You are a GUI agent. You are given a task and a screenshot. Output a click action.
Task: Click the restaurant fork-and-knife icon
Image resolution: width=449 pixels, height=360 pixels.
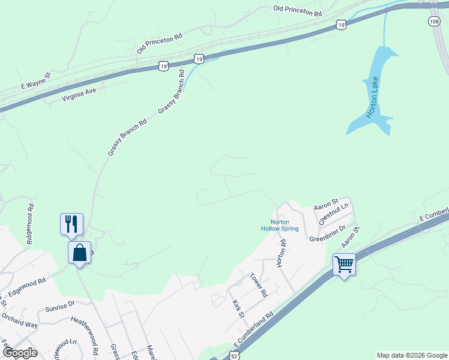(x=71, y=223)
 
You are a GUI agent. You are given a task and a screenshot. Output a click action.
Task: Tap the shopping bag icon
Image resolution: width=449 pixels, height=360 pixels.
(x=79, y=252)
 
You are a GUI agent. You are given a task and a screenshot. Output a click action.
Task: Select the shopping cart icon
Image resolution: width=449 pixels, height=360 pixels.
(x=344, y=263)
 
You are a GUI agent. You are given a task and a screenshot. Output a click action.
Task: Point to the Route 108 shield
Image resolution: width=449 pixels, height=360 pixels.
(x=434, y=21)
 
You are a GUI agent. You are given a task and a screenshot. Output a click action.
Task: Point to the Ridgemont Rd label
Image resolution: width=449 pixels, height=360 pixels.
(x=30, y=224)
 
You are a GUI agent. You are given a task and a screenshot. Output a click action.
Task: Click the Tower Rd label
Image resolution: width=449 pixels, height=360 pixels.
(x=258, y=284)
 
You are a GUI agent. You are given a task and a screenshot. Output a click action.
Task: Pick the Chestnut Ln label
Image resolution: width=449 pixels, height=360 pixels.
(x=333, y=214)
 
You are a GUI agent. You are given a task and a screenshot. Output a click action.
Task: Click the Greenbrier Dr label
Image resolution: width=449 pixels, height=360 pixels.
(x=328, y=234)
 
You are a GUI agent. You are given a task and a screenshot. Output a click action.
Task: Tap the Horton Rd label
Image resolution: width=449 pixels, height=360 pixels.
(x=282, y=253)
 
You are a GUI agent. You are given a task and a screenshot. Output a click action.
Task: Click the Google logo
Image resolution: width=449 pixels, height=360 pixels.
(x=19, y=353)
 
